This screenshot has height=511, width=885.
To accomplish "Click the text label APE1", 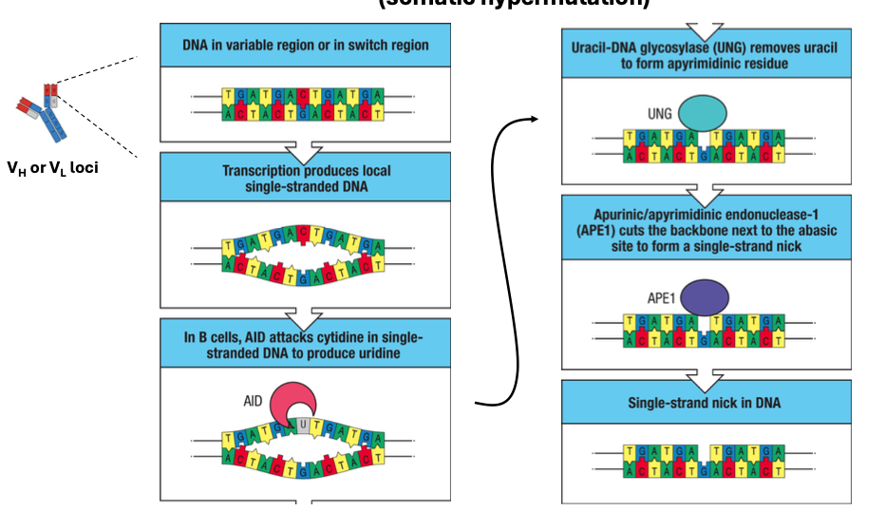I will [x=659, y=296].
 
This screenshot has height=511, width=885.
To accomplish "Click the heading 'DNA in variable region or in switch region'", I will [x=306, y=45].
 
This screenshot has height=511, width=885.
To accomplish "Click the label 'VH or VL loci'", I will [x=52, y=168].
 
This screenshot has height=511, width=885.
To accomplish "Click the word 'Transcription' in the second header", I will [x=261, y=171].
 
